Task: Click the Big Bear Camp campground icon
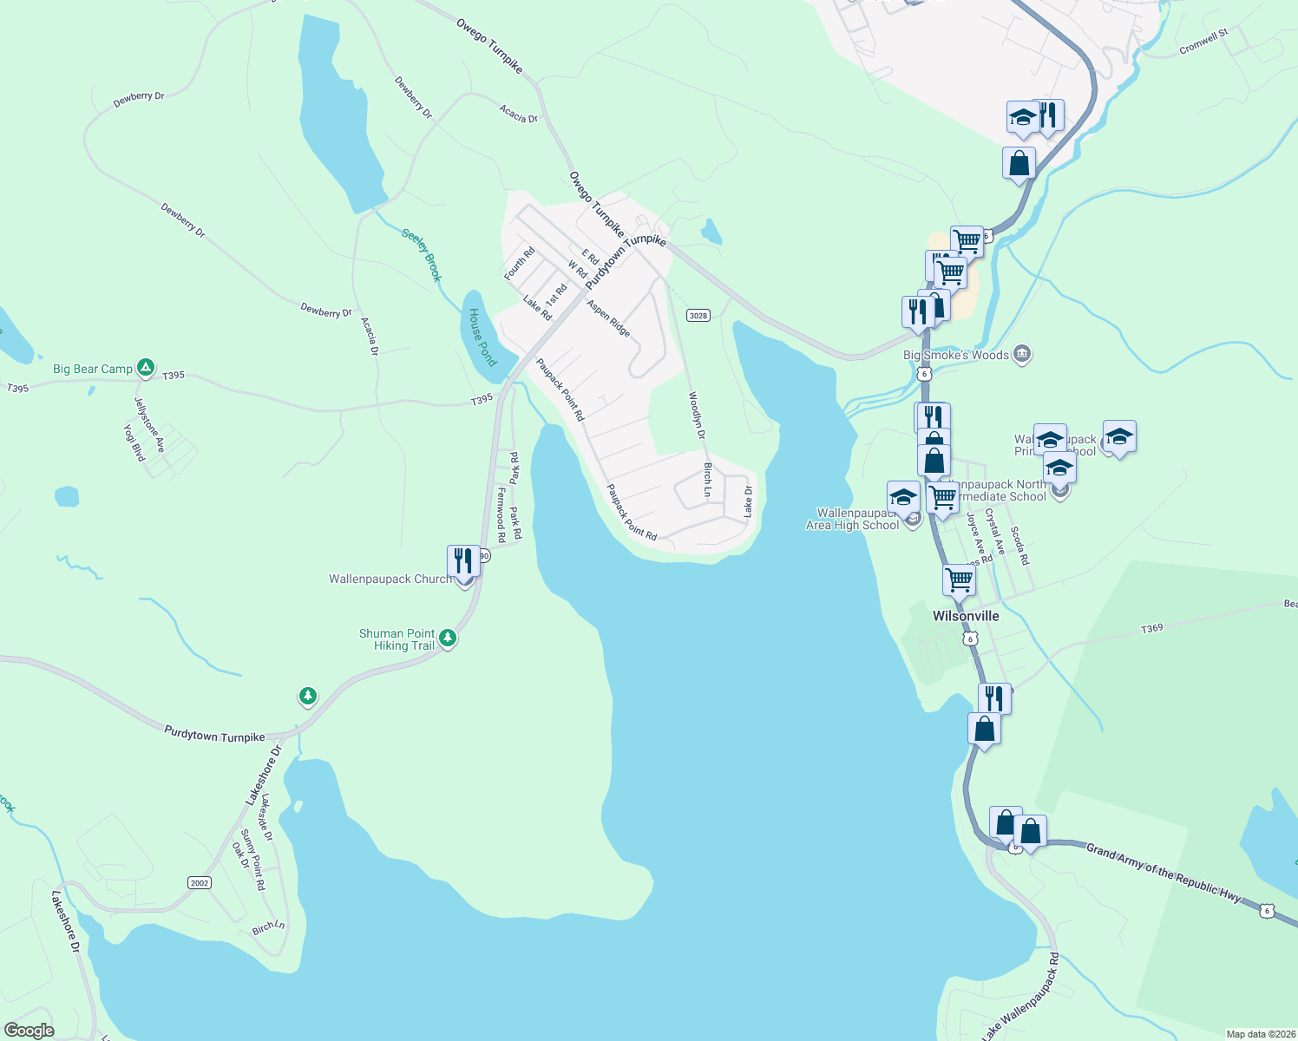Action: coord(147,368)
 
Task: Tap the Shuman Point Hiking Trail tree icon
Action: coord(448,639)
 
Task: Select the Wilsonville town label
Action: coord(966,616)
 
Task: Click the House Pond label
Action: coord(482,337)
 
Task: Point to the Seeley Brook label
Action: coord(423,254)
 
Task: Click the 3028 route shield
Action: coord(698,315)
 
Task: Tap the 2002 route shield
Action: coord(200,882)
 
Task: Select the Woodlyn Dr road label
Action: coord(697,416)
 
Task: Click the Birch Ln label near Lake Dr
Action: coord(708,480)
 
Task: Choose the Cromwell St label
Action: coord(1203,43)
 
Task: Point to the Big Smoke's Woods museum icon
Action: coord(1022,354)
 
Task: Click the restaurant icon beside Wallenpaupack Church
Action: coord(463,561)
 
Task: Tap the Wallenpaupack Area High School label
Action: coord(853,519)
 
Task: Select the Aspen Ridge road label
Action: coord(608,318)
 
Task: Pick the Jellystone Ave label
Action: coord(149,425)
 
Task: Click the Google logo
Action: coord(29,1031)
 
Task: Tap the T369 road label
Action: coord(1151,628)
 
